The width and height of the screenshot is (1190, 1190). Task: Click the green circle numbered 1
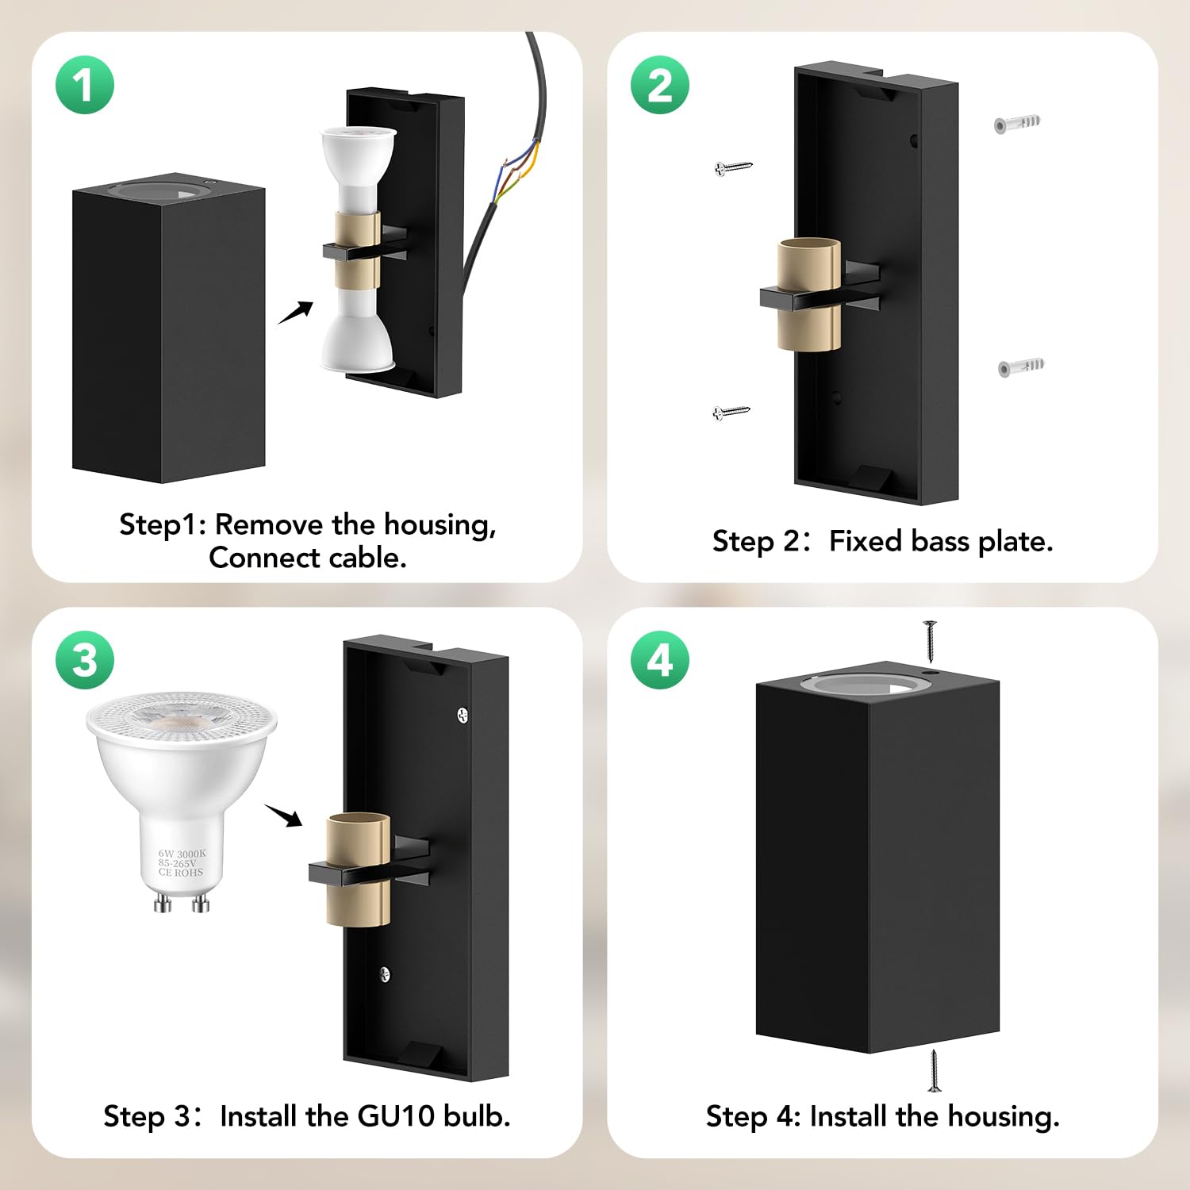pyautogui.click(x=85, y=85)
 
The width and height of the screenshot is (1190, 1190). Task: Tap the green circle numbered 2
pyautogui.click(x=660, y=85)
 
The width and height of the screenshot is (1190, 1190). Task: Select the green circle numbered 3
pyautogui.click(x=85, y=660)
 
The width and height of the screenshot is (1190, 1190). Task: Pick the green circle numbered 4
pyautogui.click(x=660, y=660)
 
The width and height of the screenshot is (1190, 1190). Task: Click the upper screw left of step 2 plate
pyautogui.click(x=733, y=167)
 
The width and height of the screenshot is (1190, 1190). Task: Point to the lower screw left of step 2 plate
pyautogui.click(x=731, y=413)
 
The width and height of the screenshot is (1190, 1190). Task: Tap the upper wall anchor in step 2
pyautogui.click(x=1017, y=124)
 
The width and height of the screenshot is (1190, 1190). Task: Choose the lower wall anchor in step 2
pyautogui.click(x=1021, y=367)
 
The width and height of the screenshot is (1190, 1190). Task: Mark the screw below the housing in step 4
pyautogui.click(x=935, y=1071)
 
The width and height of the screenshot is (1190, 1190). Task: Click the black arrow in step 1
pyautogui.click(x=295, y=313)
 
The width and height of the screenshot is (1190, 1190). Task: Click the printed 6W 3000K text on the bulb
pyautogui.click(x=182, y=854)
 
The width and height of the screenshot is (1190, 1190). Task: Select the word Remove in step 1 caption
pyautogui.click(x=269, y=525)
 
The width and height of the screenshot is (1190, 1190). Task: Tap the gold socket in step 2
pyautogui.click(x=809, y=294)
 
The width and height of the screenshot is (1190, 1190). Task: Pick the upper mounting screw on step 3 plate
pyautogui.click(x=463, y=715)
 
